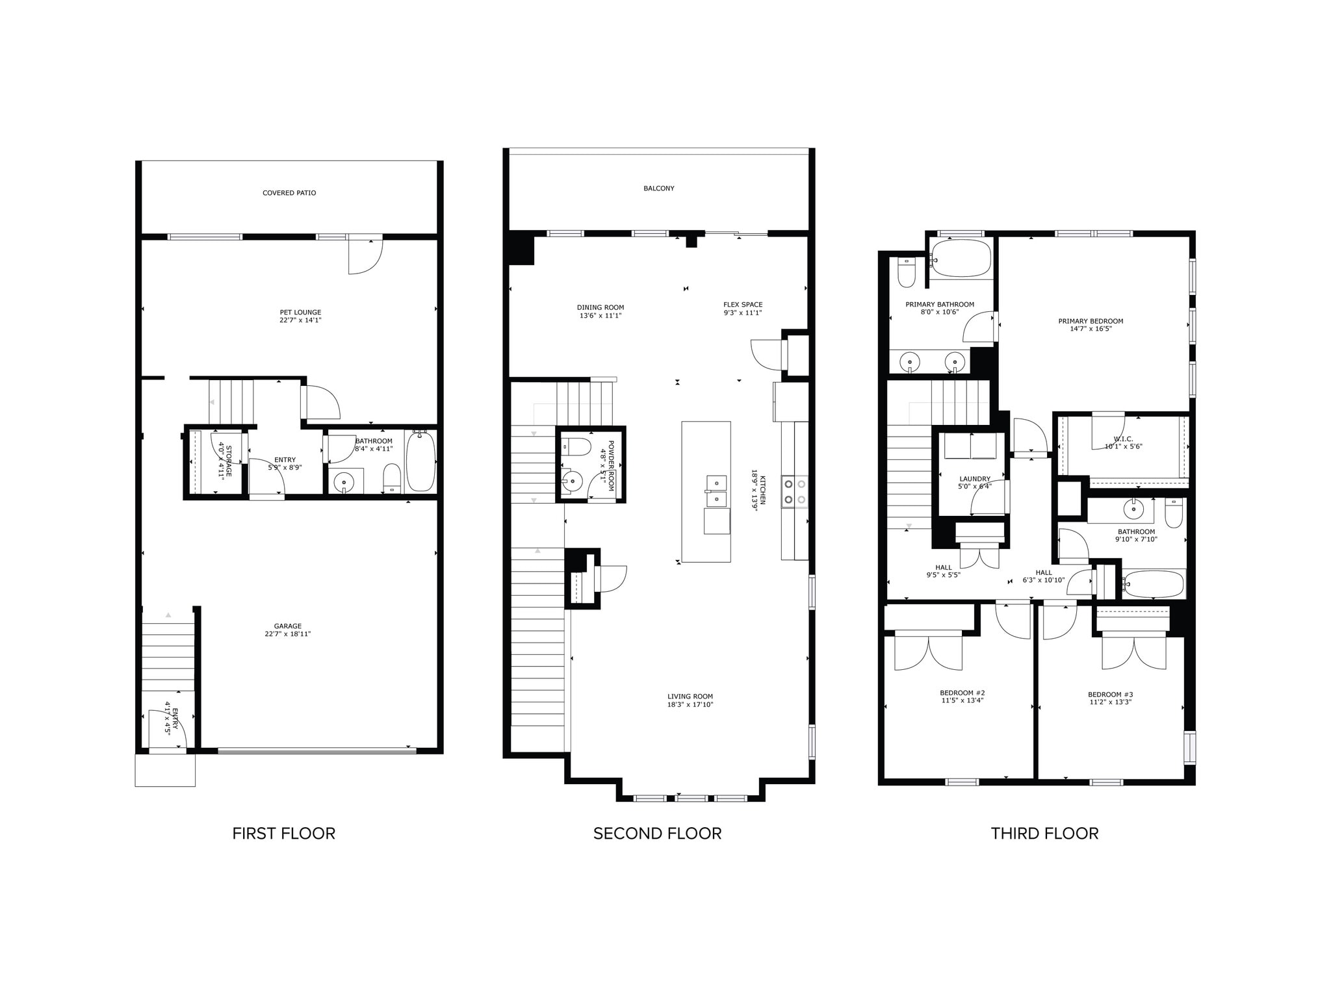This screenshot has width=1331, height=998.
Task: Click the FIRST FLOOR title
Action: pos(283,834)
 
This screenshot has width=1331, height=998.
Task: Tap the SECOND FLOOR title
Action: pos(657,834)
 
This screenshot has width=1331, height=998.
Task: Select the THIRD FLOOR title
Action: pos(1044,834)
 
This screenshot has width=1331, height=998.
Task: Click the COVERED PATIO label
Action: pos(289,193)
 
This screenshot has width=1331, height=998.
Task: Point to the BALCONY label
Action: pos(659,188)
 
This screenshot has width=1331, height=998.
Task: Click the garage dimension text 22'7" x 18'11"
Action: pos(288,634)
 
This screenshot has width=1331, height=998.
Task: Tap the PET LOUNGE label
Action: pos(300,313)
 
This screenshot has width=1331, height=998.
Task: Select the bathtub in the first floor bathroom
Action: pos(420,461)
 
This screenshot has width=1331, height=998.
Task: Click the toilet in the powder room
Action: pos(576,446)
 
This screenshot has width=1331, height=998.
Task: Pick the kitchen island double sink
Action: pos(717,491)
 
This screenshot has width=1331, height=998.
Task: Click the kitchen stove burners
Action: pos(795,491)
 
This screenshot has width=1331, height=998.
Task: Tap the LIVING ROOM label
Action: pos(690,697)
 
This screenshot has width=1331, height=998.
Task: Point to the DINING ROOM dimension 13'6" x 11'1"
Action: pos(600,316)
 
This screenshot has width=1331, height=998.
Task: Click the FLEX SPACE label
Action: pos(743,305)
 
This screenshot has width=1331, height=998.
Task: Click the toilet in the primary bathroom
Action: pos(907,273)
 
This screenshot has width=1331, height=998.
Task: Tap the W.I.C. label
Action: pos(1123,439)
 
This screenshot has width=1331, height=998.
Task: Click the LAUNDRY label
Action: pos(975,479)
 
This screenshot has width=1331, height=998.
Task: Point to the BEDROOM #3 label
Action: pos(1110,695)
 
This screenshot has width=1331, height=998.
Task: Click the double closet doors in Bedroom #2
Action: pos(929,652)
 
